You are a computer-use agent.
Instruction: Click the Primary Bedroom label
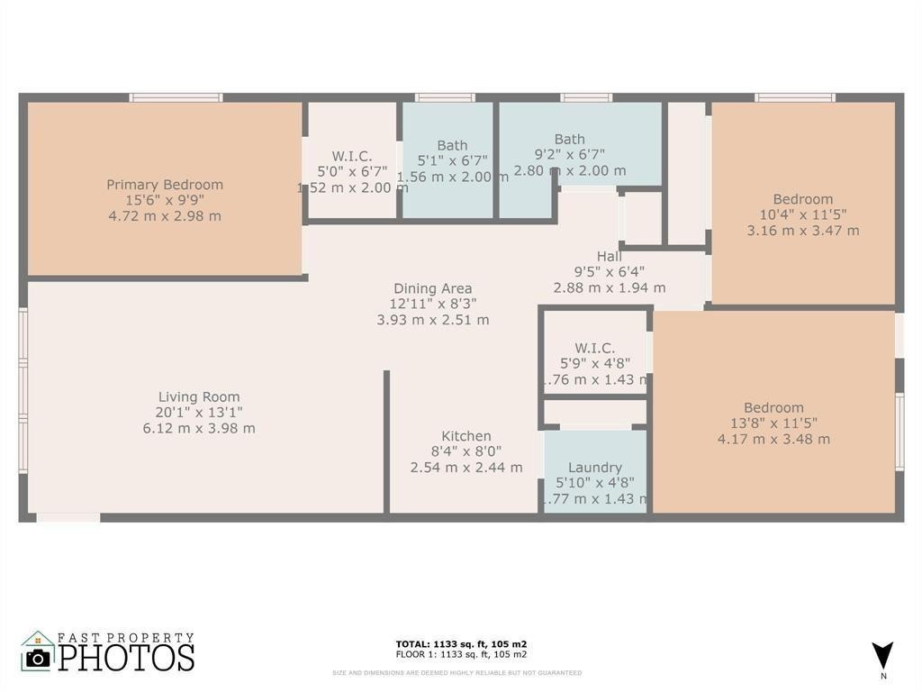pos(165,185)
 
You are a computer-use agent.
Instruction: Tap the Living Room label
pos(199,396)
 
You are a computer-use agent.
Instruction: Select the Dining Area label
pos(432,288)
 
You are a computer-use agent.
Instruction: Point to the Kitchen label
pos(466,436)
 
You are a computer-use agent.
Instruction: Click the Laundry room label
pos(595,468)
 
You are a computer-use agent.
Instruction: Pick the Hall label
pos(610,256)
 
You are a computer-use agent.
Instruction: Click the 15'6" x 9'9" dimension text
pos(165,200)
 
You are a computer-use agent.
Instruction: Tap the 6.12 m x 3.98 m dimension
pos(199,428)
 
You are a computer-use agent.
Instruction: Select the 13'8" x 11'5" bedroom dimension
pos(773,423)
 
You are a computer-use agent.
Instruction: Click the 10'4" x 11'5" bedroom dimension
pos(803,214)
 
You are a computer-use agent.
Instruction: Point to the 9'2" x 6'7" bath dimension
pos(570,155)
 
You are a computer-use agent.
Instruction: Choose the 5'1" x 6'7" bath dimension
pos(452,161)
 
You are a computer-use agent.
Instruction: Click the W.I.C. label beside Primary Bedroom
pos(352,156)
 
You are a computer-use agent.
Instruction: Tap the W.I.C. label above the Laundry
pos(595,348)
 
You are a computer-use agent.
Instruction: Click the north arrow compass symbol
pos(883,655)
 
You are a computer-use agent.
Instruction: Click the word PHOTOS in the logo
pos(126,657)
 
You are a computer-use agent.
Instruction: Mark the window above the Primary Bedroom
pos(176,97)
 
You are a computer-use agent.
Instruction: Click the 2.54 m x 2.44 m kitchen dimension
pos(466,467)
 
